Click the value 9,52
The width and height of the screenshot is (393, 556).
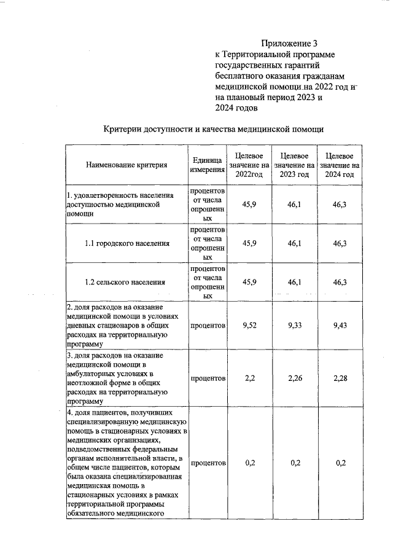point(249,326)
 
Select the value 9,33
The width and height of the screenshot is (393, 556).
point(294,326)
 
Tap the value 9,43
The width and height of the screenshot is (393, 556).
point(340,326)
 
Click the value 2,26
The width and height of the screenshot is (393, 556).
point(294,378)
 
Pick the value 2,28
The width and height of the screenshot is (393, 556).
point(340,378)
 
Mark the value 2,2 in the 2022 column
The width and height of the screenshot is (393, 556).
point(249,378)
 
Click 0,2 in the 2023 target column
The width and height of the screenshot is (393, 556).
point(294,463)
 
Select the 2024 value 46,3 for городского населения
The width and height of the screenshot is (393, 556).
point(340,243)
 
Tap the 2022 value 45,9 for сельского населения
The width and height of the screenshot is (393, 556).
point(249,282)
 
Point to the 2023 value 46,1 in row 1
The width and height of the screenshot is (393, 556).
point(294,204)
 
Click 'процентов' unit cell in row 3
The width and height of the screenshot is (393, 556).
point(208,378)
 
